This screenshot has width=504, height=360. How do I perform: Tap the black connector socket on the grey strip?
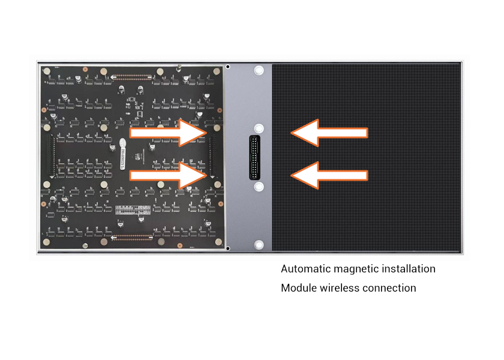pyautogui.click(x=255, y=157)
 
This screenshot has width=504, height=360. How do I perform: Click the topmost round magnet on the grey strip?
pyautogui.click(x=259, y=70)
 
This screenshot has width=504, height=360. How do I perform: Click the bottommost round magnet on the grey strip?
pyautogui.click(x=259, y=245)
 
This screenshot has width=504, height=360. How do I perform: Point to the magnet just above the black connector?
pyautogui.click(x=259, y=129)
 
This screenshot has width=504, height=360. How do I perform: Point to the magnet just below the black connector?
pyautogui.click(x=259, y=187)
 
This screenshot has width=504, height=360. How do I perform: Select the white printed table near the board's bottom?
pyautogui.click(x=132, y=211)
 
